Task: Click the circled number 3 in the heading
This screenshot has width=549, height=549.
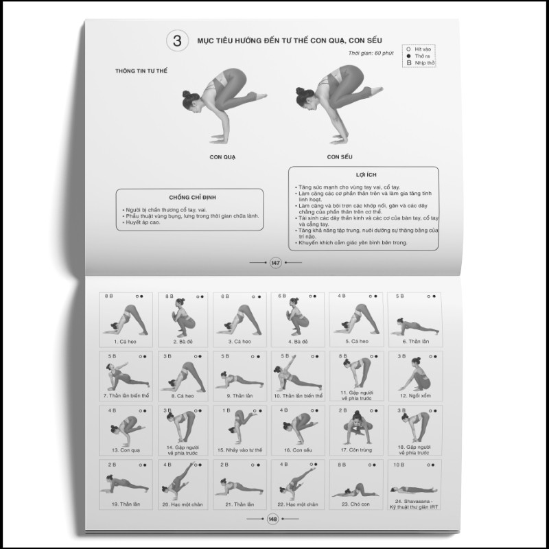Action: tap(177, 40)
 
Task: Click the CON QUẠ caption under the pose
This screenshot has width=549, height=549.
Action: tap(223, 157)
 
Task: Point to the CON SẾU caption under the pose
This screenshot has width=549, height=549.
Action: tap(339, 157)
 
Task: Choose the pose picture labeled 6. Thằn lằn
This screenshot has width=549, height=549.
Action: tap(414, 318)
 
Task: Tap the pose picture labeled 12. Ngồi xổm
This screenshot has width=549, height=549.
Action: tap(414, 375)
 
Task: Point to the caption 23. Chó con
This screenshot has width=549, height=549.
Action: tap(355, 504)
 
